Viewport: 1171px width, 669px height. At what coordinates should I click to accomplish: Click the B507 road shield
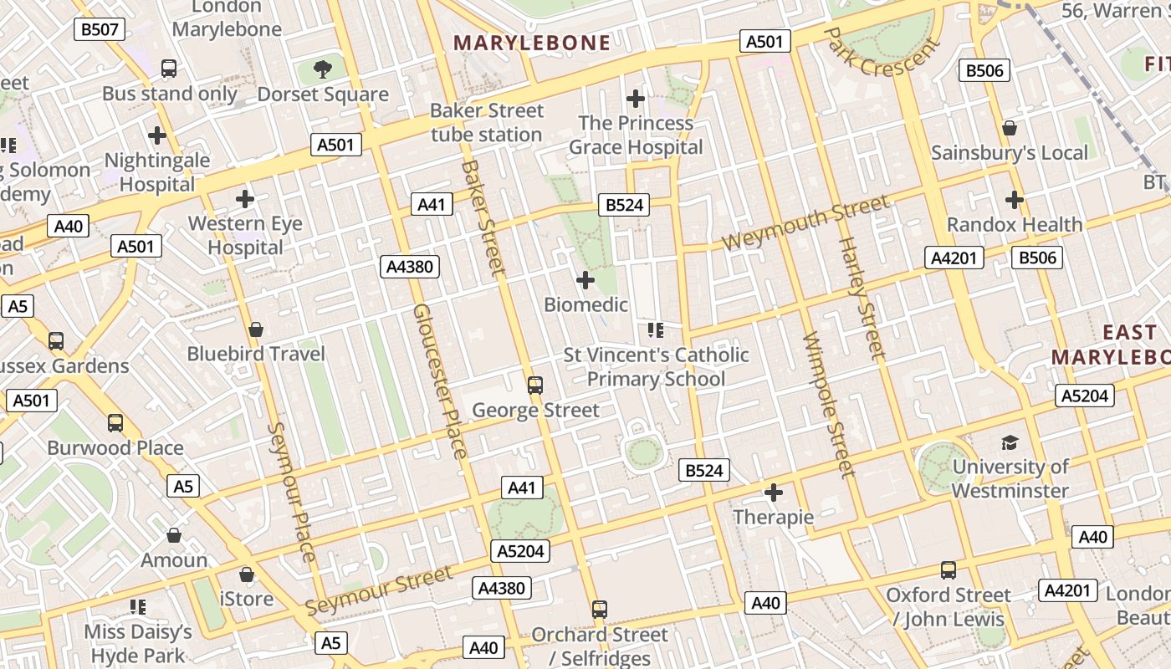tap(100, 30)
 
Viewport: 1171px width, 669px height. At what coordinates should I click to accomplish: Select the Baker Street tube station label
tap(487, 122)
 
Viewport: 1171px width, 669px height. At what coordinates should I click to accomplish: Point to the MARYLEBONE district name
tap(532, 43)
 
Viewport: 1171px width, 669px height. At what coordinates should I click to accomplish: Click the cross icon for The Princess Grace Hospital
tap(636, 99)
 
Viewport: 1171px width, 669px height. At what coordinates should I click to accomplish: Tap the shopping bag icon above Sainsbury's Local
tap(1010, 128)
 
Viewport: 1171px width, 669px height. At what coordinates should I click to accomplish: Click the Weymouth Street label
tap(805, 222)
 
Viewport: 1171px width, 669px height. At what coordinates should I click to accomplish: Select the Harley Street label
tap(861, 299)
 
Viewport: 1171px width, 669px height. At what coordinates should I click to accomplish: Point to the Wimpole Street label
tap(828, 405)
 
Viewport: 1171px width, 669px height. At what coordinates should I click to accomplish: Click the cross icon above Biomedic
tap(585, 279)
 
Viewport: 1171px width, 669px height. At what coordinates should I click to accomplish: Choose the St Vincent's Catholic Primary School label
tap(656, 367)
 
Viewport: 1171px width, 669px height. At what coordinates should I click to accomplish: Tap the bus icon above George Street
tap(535, 386)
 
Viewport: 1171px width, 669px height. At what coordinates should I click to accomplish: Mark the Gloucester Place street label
tap(440, 380)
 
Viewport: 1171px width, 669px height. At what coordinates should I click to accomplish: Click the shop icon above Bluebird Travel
tap(256, 329)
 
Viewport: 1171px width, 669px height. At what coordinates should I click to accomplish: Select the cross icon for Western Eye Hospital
tap(245, 199)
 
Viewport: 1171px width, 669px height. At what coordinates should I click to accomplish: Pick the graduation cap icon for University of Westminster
tap(1010, 442)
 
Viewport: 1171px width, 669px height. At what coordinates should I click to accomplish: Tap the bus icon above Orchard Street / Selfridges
tap(599, 609)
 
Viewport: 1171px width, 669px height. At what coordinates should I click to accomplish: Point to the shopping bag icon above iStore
tap(246, 575)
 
